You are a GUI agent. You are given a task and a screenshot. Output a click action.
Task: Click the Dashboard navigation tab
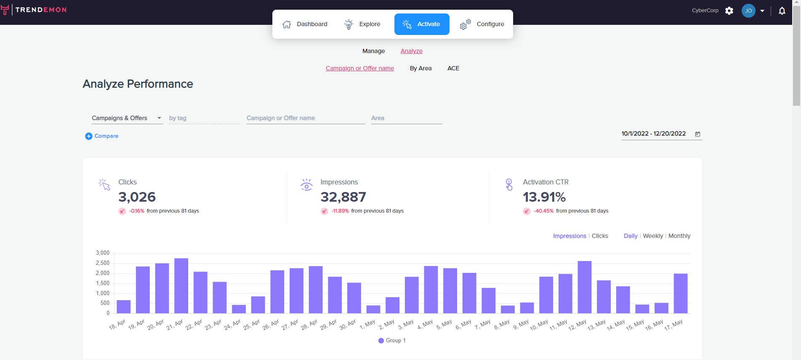click(305, 24)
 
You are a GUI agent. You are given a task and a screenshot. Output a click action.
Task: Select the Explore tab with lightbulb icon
click(362, 24)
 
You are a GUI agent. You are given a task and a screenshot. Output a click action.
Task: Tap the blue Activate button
click(422, 24)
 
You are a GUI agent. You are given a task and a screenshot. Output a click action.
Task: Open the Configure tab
click(482, 24)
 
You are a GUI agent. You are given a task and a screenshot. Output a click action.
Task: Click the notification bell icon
click(782, 11)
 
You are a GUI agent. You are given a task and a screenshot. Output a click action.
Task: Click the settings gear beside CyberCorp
click(729, 11)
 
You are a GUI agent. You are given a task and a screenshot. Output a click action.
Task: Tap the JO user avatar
click(748, 11)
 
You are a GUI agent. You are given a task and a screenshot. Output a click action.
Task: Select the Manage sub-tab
click(373, 51)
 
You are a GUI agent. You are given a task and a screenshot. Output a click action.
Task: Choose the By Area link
click(420, 68)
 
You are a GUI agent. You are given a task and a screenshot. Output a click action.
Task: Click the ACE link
click(453, 68)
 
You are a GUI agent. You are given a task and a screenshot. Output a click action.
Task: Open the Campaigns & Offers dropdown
click(127, 118)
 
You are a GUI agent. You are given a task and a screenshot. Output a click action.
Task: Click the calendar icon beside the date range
click(697, 134)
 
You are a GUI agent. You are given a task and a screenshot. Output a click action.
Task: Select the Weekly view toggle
click(653, 236)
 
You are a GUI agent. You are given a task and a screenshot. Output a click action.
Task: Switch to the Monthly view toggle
click(679, 236)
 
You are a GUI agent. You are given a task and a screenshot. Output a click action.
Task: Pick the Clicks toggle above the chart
click(600, 236)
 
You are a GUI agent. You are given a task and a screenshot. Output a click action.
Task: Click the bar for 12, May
click(585, 287)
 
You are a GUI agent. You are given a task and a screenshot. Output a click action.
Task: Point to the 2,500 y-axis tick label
click(103, 263)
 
